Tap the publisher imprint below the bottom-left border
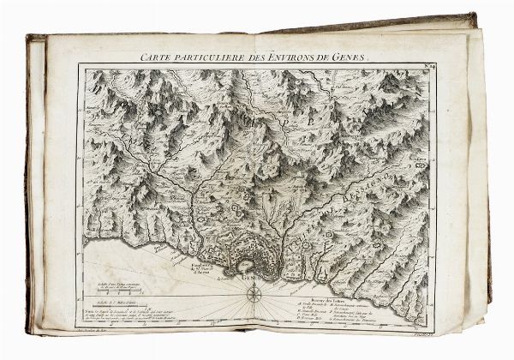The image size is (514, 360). point(106,331)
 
